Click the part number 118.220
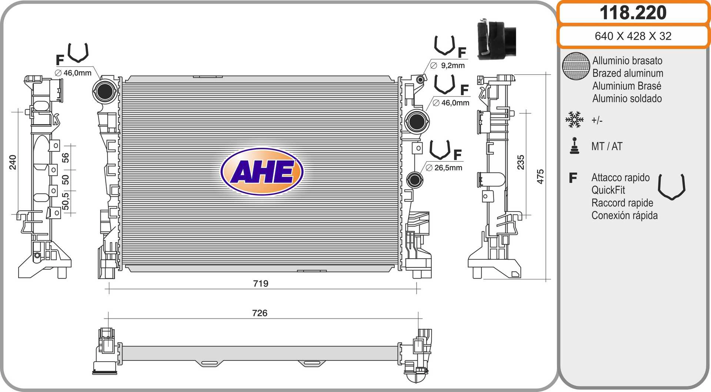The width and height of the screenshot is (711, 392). click(633, 13)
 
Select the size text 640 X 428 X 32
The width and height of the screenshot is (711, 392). click(633, 36)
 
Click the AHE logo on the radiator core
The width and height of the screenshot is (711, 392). click(262, 172)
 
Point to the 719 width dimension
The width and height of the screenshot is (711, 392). click(260, 283)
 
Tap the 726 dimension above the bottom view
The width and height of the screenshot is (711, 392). click(260, 313)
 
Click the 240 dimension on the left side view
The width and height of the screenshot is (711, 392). click(13, 162)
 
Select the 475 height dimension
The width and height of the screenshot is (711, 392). click(540, 176)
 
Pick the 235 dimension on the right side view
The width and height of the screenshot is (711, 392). click(521, 162)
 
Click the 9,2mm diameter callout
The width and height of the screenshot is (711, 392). click(452, 66)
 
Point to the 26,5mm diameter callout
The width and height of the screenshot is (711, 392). click(448, 168)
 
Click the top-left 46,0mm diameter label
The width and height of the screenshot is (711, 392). click(77, 73)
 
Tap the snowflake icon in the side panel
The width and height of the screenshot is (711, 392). click(574, 120)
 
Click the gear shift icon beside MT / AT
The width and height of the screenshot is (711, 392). click(574, 146)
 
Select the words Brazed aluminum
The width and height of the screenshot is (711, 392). click(627, 73)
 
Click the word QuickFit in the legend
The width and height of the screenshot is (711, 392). click(608, 190)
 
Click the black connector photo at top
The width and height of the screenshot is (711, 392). click(495, 40)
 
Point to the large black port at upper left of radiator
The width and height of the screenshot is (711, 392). click(105, 92)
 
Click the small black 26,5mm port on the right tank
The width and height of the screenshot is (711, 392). click(414, 180)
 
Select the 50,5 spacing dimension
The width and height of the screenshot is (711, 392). click(65, 201)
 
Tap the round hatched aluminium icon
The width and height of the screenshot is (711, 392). click(575, 66)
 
